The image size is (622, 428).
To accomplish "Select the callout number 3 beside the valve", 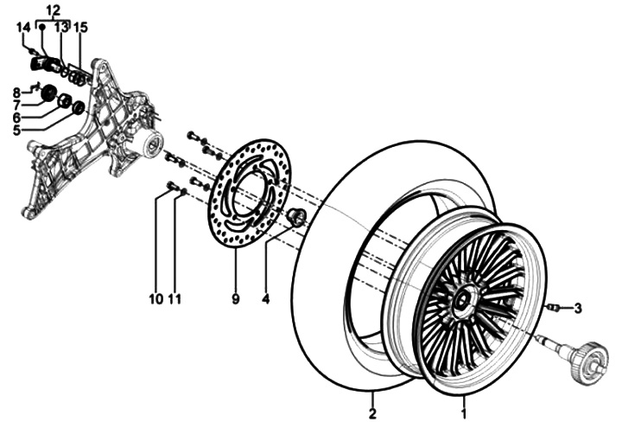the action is [578, 307].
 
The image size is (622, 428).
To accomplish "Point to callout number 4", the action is [265, 299].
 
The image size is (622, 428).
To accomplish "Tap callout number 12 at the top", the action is [53, 10].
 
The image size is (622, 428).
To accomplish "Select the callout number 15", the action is [80, 28].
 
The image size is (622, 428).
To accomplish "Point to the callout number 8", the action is [16, 92].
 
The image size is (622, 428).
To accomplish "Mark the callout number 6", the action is [16, 118].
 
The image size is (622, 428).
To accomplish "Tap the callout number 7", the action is [16, 105].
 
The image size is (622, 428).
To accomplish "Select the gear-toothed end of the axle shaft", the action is [589, 357].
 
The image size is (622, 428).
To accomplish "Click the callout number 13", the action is [60, 28].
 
